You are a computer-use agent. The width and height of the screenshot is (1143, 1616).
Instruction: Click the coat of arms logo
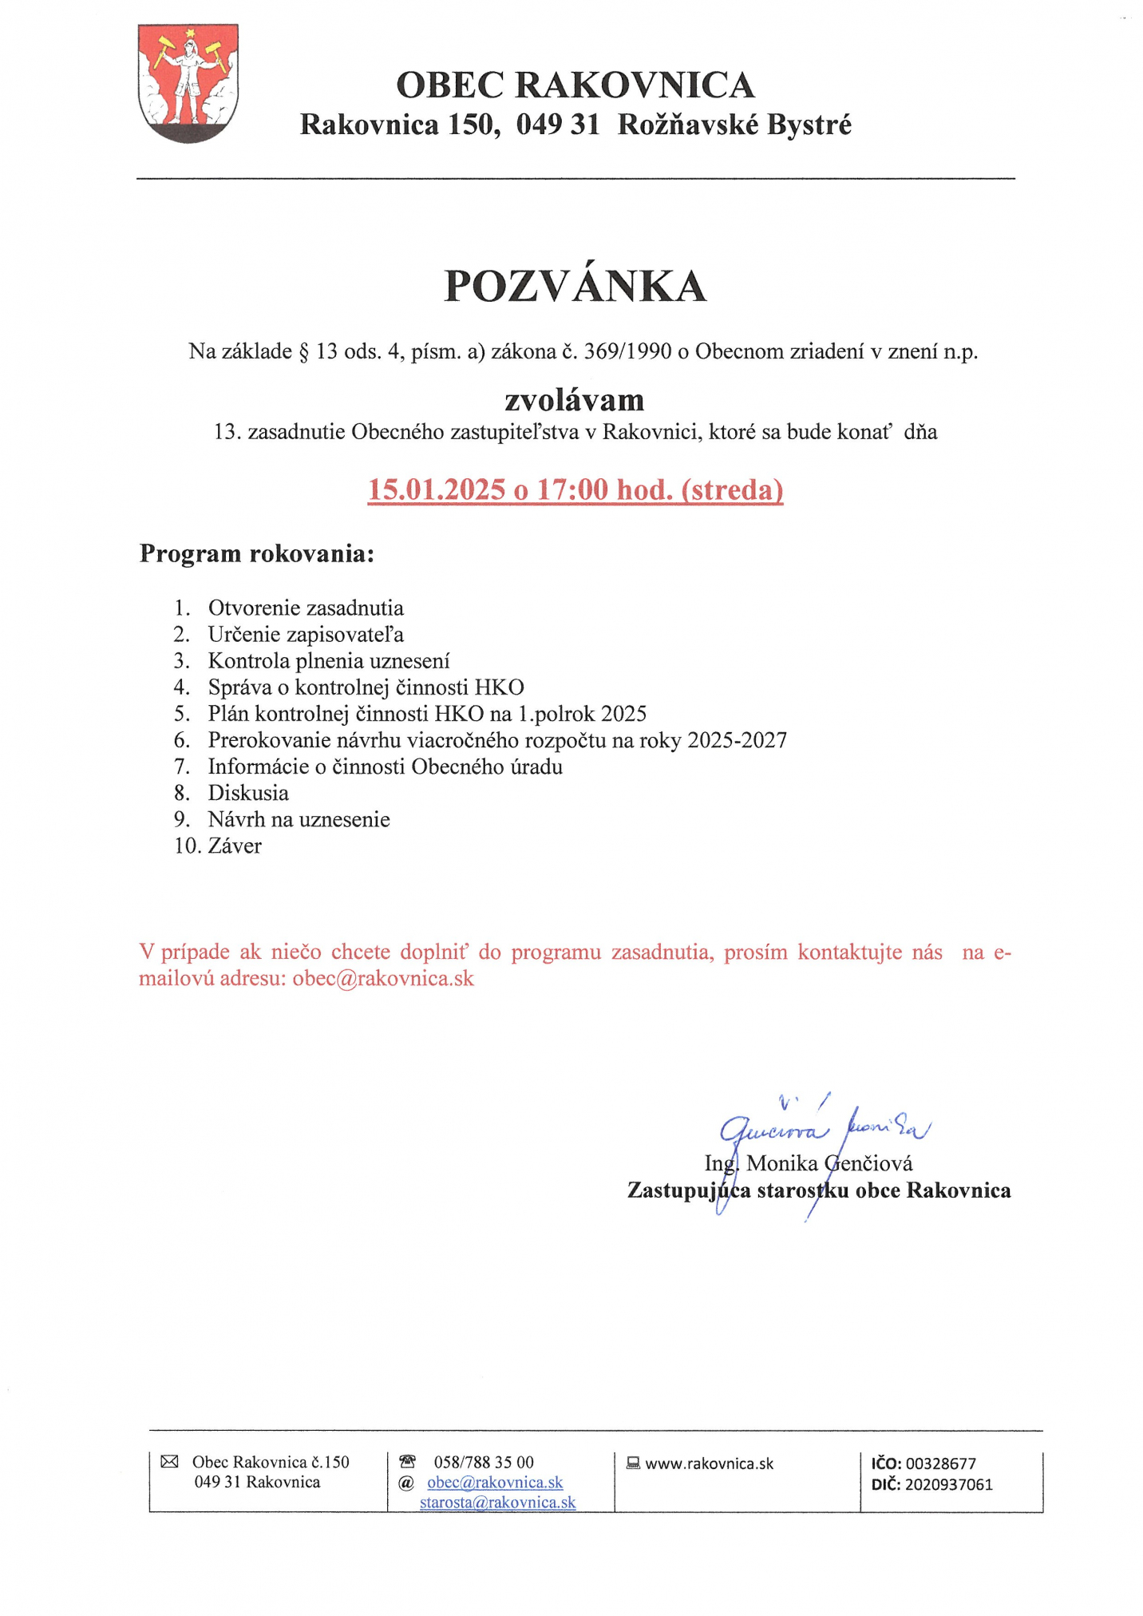pos(188,83)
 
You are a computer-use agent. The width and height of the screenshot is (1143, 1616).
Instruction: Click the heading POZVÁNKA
pos(575,287)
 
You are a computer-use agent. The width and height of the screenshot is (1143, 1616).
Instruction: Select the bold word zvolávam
pos(574,399)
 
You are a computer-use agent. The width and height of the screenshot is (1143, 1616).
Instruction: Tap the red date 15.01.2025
pos(437,489)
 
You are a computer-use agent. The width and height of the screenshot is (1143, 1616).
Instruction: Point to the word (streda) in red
pos(732,489)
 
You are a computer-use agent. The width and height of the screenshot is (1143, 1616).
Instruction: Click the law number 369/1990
pos(627,351)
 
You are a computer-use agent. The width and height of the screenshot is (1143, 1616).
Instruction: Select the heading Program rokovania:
pos(256,553)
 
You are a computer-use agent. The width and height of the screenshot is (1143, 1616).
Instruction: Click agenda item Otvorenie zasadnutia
pos(306,608)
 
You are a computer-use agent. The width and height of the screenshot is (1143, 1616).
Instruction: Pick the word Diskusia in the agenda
pos(248,793)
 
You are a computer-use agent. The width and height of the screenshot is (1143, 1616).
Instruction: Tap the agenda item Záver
pos(235,846)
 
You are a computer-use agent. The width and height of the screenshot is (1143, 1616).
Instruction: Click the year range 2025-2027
pos(737,740)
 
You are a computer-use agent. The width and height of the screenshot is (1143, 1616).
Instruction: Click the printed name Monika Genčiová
pos(829,1163)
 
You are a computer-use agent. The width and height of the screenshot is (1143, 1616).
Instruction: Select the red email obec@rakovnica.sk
pos(383,978)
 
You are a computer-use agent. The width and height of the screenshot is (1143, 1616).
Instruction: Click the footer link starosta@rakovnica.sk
pos(497,1502)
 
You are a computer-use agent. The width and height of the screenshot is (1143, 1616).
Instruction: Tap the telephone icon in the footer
pos(407,1461)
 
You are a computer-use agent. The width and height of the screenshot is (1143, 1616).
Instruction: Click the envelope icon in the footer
pos(169,1461)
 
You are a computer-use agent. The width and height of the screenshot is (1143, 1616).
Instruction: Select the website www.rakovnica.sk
pos(709,1464)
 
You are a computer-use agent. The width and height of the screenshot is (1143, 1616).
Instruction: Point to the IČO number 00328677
pos(940,1464)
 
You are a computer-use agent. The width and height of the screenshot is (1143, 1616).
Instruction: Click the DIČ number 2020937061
pos(948,1484)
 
